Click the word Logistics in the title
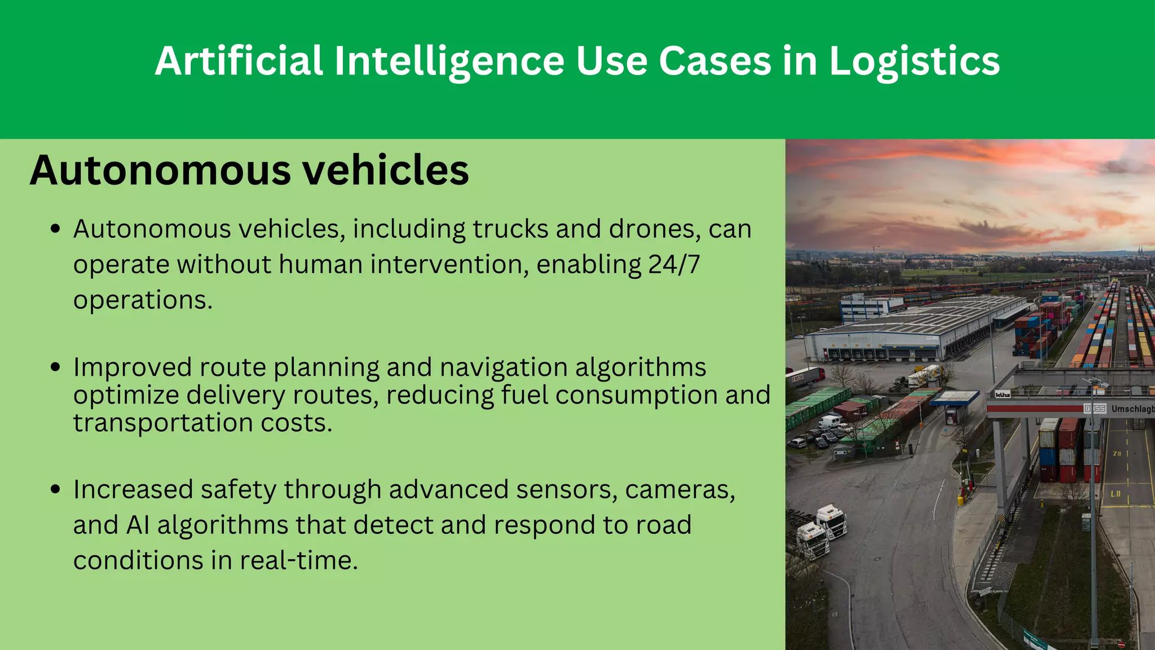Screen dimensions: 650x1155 tap(914, 62)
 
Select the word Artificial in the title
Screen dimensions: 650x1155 tap(239, 60)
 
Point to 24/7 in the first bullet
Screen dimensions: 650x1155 tap(674, 264)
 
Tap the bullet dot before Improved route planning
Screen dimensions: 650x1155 tap(55, 367)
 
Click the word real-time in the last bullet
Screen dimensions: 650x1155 tap(299, 560)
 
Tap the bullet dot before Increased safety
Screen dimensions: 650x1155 tap(55, 489)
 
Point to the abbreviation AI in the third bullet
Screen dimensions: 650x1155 tap(138, 525)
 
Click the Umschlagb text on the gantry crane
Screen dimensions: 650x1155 tap(1132, 409)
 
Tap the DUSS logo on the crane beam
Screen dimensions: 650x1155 tap(1095, 409)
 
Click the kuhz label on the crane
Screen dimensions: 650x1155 tap(1002, 394)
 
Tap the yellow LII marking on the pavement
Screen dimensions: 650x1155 tap(1115, 494)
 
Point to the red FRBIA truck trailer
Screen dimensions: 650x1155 tap(805, 376)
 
